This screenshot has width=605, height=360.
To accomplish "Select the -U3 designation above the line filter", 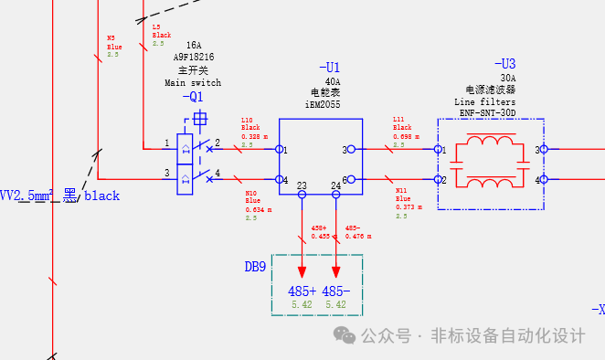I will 504,64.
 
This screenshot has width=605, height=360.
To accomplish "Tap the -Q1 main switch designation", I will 193,97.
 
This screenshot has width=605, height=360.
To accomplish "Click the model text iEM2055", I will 322,105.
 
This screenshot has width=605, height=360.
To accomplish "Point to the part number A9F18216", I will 193,57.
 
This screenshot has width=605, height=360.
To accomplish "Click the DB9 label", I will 255,267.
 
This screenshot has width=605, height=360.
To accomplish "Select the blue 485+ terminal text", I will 302,291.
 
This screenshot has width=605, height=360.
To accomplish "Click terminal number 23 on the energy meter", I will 302,186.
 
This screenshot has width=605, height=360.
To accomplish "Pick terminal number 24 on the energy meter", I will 336,186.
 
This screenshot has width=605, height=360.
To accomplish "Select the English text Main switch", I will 193,82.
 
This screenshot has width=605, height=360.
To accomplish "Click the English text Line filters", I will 485,102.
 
